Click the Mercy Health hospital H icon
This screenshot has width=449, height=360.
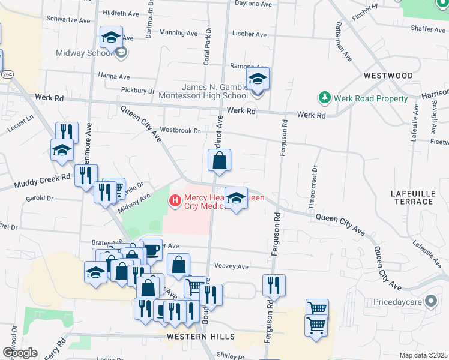[175, 200]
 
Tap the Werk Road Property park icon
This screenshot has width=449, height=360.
[325, 97]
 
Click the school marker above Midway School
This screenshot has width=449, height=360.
[111, 38]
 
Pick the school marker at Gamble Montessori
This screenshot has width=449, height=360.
[258, 79]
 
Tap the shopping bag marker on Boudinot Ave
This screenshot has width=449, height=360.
[219, 161]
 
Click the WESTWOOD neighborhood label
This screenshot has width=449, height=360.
[388, 76]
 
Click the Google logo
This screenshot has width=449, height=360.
[19, 353]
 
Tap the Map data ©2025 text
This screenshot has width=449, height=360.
[423, 355]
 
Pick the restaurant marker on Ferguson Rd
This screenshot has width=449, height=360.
[274, 286]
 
